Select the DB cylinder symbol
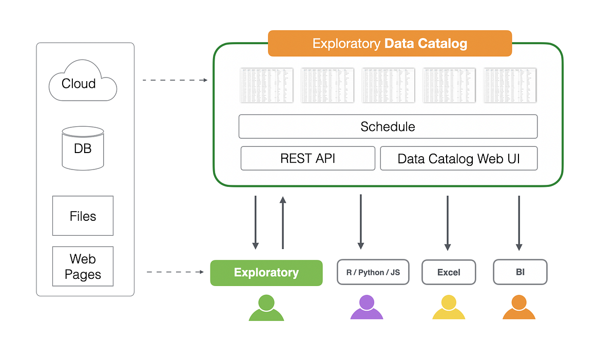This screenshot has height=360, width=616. [83, 148]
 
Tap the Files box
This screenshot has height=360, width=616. [83, 216]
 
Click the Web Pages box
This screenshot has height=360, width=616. [83, 267]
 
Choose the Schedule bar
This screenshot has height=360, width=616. [388, 126]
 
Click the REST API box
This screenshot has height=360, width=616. [307, 158]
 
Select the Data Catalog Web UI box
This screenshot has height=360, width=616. [458, 158]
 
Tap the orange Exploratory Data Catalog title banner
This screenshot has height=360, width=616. [390, 43]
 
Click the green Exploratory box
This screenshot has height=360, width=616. [266, 273]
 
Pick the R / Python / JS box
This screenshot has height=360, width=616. [373, 272]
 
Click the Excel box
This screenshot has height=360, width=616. [449, 272]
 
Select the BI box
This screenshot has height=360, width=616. [520, 272]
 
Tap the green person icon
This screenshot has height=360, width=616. [266, 309]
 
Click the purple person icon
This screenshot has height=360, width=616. [367, 308]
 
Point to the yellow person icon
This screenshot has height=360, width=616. [449, 308]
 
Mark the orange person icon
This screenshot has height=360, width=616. [519, 308]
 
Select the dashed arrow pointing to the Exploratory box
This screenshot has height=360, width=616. [175, 272]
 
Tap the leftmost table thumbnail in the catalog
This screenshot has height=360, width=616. [266, 85]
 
